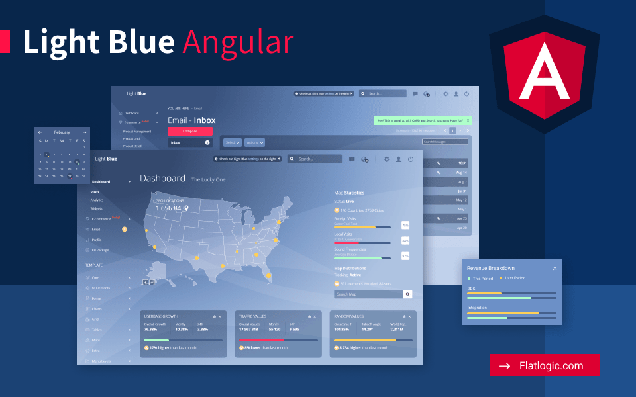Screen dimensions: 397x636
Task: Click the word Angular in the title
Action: pyautogui.click(x=238, y=42)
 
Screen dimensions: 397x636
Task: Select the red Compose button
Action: pyautogui.click(x=190, y=131)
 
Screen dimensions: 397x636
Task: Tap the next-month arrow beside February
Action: pyautogui.click(x=84, y=132)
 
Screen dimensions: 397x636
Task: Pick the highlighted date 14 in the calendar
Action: pyautogui.click(x=77, y=161)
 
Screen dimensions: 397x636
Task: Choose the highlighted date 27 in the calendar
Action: pyautogui.click(x=70, y=177)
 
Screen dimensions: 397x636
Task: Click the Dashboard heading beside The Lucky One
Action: pyautogui.click(x=162, y=179)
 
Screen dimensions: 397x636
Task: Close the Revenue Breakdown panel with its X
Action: pyautogui.click(x=555, y=268)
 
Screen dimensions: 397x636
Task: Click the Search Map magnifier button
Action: pyautogui.click(x=407, y=294)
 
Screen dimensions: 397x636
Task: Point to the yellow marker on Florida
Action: pyautogui.click(x=268, y=276)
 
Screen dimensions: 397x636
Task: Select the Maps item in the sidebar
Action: pyautogui.click(x=96, y=340)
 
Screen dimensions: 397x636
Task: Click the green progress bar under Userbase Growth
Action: pyautogui.click(x=156, y=341)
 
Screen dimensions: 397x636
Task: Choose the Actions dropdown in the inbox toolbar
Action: pyautogui.click(x=255, y=142)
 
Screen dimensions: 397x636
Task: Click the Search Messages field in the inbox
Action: pyautogui.click(x=445, y=142)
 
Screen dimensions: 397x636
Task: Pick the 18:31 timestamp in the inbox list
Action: pyautogui.click(x=462, y=163)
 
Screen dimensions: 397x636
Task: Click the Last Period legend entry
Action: pyautogui.click(x=513, y=278)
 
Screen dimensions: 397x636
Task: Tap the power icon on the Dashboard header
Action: pyautogui.click(x=411, y=159)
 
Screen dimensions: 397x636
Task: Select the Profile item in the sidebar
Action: pyautogui.click(x=97, y=240)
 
